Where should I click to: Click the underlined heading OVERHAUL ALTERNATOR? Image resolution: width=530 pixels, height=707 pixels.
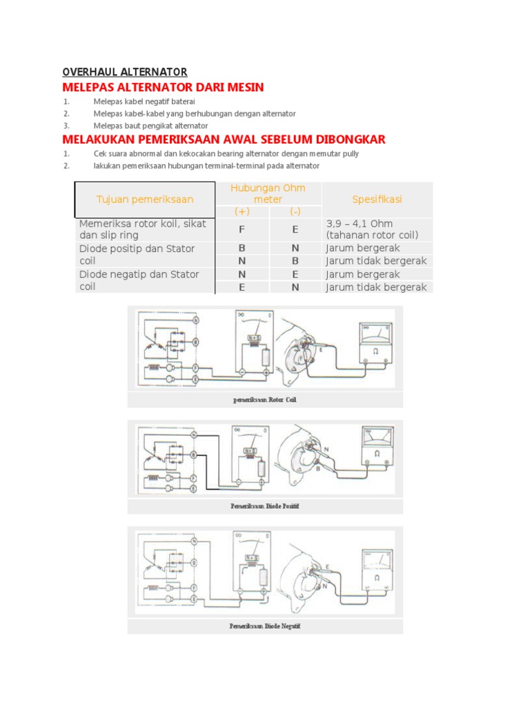[x=125, y=72]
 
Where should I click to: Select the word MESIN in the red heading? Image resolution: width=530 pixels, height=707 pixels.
[x=242, y=88]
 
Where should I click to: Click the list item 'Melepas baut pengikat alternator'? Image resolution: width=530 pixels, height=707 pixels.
[x=150, y=126]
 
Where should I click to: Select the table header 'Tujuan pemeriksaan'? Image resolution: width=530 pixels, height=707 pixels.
[x=145, y=200]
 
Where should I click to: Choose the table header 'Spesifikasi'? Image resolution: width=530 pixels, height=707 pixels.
[x=377, y=200]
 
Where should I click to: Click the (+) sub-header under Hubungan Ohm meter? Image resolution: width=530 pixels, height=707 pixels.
[x=242, y=211]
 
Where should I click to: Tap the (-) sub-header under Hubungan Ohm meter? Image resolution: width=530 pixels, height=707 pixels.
[x=295, y=211]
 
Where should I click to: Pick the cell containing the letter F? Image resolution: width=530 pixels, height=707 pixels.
[x=242, y=229]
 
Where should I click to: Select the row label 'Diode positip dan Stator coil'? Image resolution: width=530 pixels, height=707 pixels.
[x=137, y=255]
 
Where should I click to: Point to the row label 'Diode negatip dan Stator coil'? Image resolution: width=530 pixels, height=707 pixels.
[x=139, y=280]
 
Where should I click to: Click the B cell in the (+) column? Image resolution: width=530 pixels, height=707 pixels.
[x=242, y=249]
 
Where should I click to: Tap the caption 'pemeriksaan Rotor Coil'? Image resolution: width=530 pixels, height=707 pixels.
[x=265, y=400]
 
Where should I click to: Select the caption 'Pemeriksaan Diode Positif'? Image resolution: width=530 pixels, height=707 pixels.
[x=265, y=506]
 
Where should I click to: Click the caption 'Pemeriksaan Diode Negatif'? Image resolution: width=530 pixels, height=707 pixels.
[x=265, y=626]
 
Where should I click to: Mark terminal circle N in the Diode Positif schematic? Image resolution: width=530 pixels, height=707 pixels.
[x=195, y=435]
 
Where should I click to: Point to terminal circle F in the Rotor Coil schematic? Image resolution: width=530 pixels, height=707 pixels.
[x=195, y=368]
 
